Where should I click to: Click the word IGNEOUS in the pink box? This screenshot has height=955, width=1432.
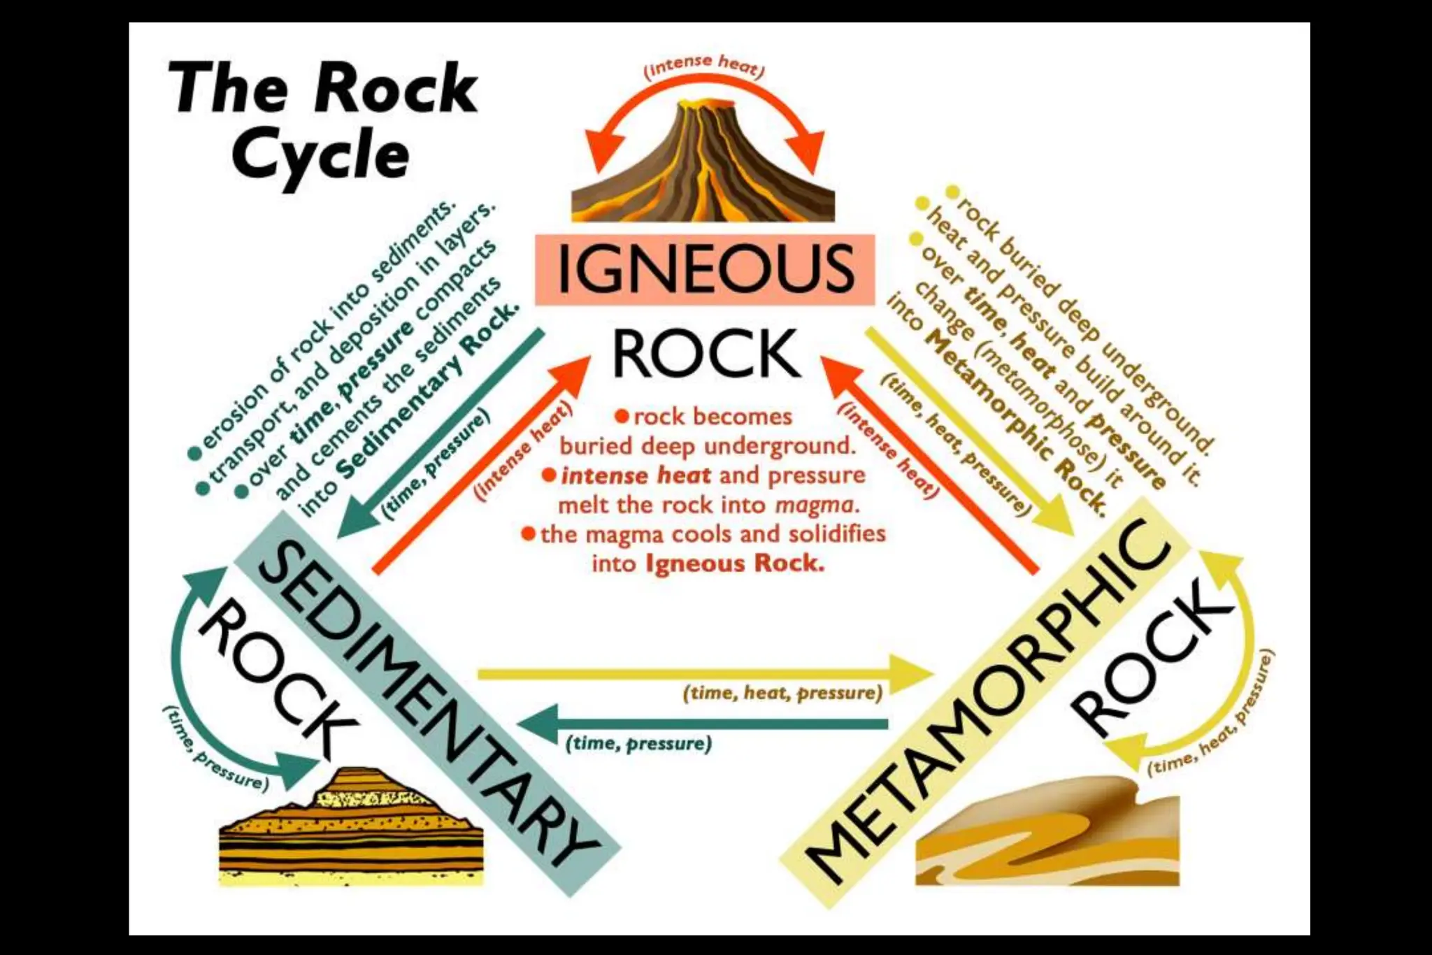[705, 269]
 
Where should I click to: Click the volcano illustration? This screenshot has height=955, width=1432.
[703, 168]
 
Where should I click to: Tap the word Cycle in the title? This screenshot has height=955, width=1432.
[320, 155]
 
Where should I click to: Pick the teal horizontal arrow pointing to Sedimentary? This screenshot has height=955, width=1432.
[706, 723]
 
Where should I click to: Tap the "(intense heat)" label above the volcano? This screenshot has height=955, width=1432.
[704, 65]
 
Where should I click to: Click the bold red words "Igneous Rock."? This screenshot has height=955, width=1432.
[735, 563]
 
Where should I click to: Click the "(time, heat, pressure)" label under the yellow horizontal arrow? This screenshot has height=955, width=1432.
[782, 693]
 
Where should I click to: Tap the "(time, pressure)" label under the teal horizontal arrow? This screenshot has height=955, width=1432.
[638, 743]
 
